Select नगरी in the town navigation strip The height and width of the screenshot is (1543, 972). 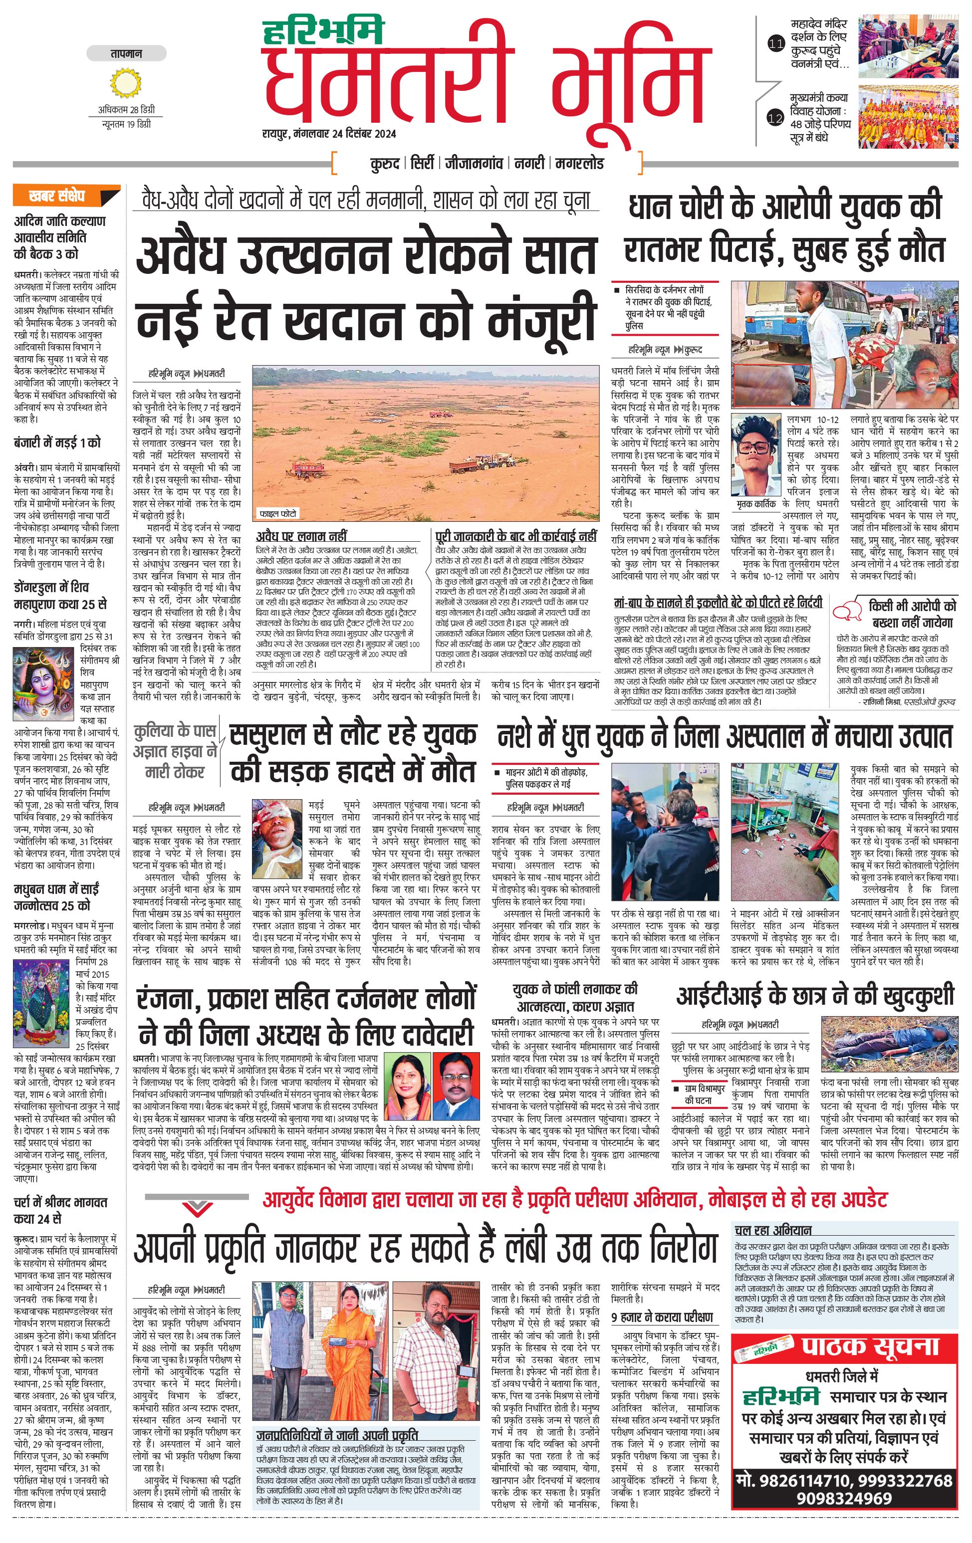[x=529, y=164]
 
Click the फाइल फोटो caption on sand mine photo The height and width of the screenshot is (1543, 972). [x=277, y=513]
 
